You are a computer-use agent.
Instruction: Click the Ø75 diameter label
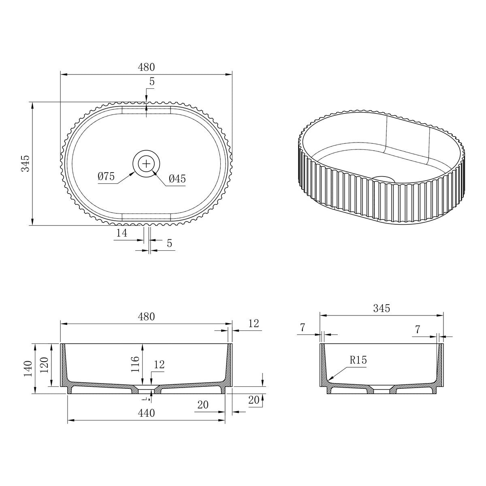[x=106, y=176]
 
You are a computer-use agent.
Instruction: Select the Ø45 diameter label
[x=177, y=179]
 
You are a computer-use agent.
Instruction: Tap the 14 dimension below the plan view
[x=122, y=233]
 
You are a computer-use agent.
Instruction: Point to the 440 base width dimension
[x=146, y=413]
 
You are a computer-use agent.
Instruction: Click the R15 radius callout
[x=358, y=360]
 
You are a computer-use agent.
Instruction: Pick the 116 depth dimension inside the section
[x=135, y=364]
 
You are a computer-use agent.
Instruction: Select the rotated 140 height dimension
[x=28, y=369]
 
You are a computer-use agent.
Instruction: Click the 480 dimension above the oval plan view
[x=146, y=67]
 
